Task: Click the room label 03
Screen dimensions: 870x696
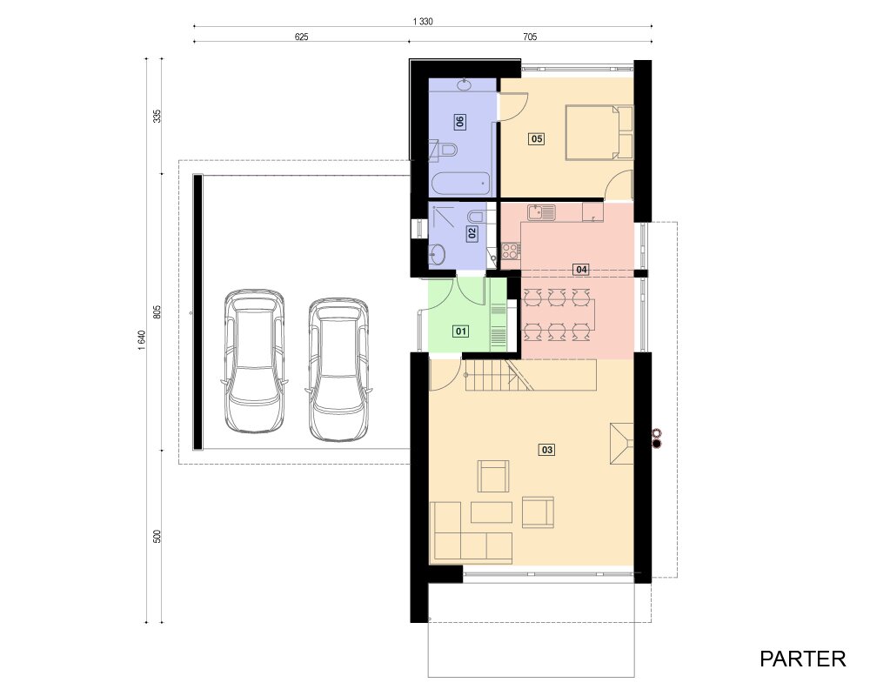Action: tap(546, 450)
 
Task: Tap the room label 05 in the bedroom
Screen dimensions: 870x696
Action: tap(537, 138)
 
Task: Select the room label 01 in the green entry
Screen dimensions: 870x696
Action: tap(461, 331)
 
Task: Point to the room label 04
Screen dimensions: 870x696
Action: tap(581, 270)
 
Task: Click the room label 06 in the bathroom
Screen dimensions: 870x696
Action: tap(459, 121)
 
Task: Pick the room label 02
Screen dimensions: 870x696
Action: tap(472, 233)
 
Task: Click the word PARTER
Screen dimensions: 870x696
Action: tap(802, 659)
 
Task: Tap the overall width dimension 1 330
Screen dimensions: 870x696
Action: tap(423, 22)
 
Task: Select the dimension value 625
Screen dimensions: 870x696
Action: tap(301, 37)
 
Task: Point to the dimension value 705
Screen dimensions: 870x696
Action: tap(530, 37)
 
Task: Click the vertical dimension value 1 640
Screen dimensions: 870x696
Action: tap(142, 340)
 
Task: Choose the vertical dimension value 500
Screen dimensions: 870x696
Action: tap(157, 536)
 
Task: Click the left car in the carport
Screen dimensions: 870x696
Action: tap(254, 361)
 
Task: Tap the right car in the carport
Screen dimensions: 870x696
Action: tap(338, 370)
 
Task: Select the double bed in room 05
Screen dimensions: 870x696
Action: tap(599, 132)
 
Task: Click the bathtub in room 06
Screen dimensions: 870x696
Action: tap(461, 184)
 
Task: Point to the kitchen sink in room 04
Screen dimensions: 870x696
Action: tap(541, 212)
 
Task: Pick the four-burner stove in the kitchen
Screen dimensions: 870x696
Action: tap(511, 251)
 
